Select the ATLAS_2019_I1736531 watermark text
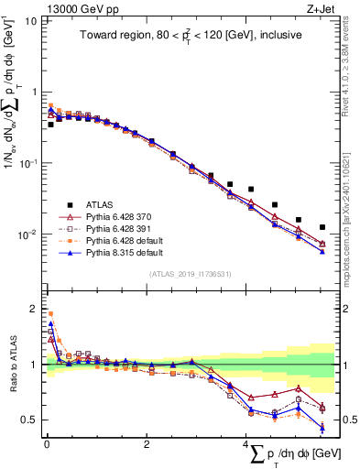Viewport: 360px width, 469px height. [x=189, y=274]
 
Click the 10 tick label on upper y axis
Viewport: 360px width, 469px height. [x=30, y=20]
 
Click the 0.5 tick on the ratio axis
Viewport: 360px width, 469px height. [x=28, y=420]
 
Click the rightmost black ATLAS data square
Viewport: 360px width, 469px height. [x=322, y=227]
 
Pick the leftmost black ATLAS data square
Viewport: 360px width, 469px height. [x=50, y=124]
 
